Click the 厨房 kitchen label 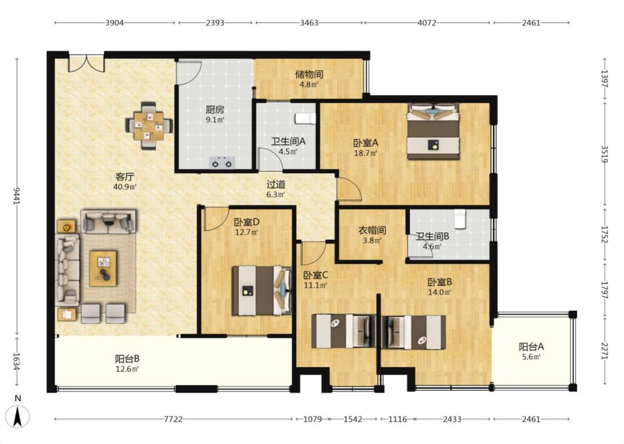coord(215,109)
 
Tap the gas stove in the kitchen coord(222,163)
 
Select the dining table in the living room coord(149,126)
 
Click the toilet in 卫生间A coord(305,118)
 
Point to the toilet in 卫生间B coord(460,219)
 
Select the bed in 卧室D coord(262,291)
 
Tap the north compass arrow coord(18,416)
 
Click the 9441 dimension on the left coord(17,196)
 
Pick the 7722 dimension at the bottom coord(174,419)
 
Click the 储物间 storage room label coord(309,74)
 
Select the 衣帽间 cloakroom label coord(372,230)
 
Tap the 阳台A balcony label coord(531,346)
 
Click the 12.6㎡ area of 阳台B coord(127,369)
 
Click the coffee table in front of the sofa coord(103,268)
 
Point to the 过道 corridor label coord(276,184)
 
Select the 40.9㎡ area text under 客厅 coord(125,187)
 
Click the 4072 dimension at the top coord(427,23)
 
